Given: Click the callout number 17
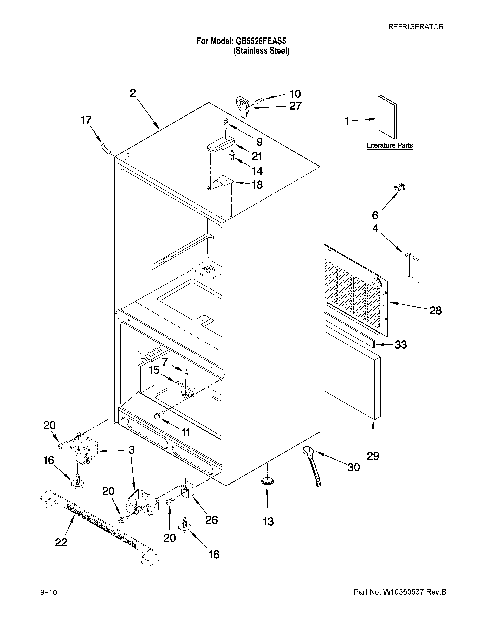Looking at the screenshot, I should [86, 120].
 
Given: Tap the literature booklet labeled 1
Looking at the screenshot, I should [387, 117].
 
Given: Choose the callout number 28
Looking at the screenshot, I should [435, 311].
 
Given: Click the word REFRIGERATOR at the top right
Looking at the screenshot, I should [416, 27].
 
